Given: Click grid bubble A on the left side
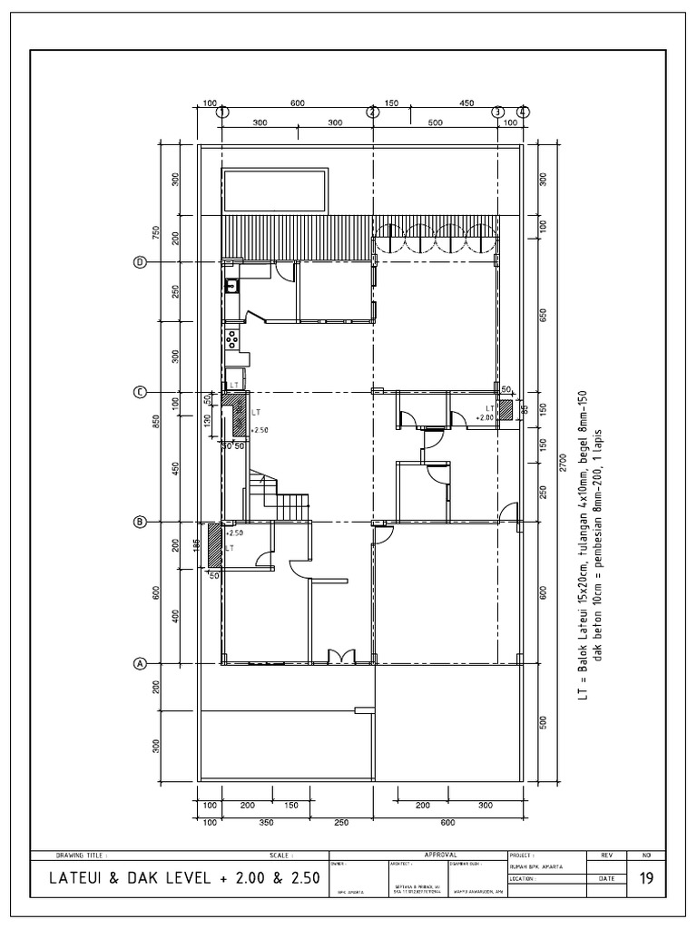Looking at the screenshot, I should tap(141, 663).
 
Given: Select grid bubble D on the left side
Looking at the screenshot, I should tap(141, 262).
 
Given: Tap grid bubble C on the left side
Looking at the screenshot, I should tap(141, 392).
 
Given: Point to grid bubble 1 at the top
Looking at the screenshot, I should tap(222, 112).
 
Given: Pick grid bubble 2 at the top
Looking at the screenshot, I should tap(372, 112).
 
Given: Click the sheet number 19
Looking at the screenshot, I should tap(646, 878).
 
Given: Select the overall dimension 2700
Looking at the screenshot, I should tap(565, 462).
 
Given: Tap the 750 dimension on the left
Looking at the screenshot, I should tap(156, 234).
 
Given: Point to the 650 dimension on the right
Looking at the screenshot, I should tap(543, 315).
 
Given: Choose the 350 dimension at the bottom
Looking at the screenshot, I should tap(267, 822).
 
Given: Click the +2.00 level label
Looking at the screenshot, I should tap(484, 418).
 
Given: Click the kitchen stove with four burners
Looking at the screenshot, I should tap(232, 340).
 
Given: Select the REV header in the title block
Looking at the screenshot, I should tap(607, 855).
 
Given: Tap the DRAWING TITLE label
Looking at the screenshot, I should tap(82, 855).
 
